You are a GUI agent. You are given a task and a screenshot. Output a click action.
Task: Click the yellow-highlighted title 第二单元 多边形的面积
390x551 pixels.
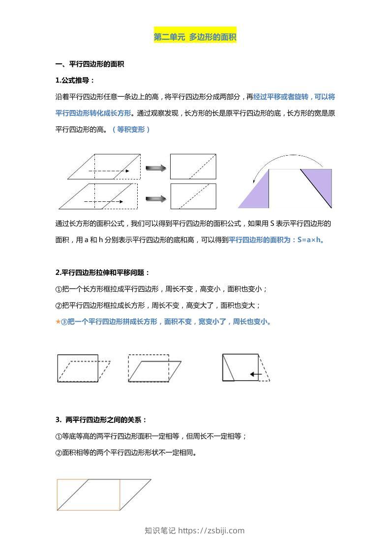pyautogui.click(x=195, y=37)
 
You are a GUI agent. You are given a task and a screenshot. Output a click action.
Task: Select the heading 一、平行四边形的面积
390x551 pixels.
pyautogui.click(x=90, y=64)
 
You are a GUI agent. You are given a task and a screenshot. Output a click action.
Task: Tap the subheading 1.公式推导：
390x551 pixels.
pyautogui.click(x=75, y=81)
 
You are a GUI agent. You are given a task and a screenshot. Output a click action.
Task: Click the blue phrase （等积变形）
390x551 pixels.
pyautogui.click(x=131, y=130)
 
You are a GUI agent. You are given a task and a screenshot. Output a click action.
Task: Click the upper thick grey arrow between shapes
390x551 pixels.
pyautogui.click(x=156, y=168)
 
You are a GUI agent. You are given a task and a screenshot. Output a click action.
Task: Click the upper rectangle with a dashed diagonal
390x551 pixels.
pyautogui.click(x=193, y=166)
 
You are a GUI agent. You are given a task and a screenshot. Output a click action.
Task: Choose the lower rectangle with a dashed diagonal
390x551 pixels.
pyautogui.click(x=193, y=196)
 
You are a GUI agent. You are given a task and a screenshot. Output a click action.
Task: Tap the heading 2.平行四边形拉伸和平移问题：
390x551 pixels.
pyautogui.click(x=103, y=273)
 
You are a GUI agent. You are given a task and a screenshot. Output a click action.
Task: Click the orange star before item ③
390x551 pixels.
pyautogui.click(x=58, y=322)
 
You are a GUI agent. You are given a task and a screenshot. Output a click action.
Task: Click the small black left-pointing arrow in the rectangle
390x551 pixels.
pyautogui.click(x=255, y=375)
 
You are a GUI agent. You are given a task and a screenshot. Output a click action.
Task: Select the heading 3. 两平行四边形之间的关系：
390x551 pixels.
pyautogui.click(x=101, y=420)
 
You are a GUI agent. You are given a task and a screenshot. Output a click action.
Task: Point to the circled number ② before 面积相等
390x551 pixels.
pyautogui.click(x=59, y=453)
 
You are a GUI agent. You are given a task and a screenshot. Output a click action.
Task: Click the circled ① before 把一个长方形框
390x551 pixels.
pyautogui.click(x=59, y=289)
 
